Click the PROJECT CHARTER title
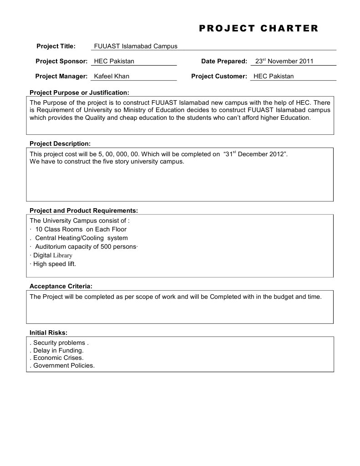pyautogui.click(x=259, y=29)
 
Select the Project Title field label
pyautogui.click(x=56, y=46)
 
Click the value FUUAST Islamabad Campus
pyautogui.click(x=135, y=46)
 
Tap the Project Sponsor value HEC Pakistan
pyautogui.click(x=114, y=61)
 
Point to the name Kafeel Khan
pyautogui.click(x=112, y=76)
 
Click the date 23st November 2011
pyautogui.click(x=284, y=61)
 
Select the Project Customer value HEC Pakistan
pyautogui.click(x=274, y=76)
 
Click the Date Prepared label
pyautogui.click(x=224, y=61)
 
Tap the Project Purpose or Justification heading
pyautogui.click(x=79, y=92)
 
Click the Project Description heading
pyautogui.click(x=60, y=143)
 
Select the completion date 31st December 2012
pyautogui.click(x=256, y=154)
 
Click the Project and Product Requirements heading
pyautogui.click(x=83, y=210)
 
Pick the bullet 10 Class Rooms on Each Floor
pyautogui.click(x=81, y=229)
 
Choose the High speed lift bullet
pyautogui.click(x=54, y=264)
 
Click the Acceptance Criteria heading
pyautogui.click(x=61, y=286)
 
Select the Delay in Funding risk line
pyautogui.click(x=58, y=350)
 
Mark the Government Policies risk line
pyautogui.click(x=63, y=365)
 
